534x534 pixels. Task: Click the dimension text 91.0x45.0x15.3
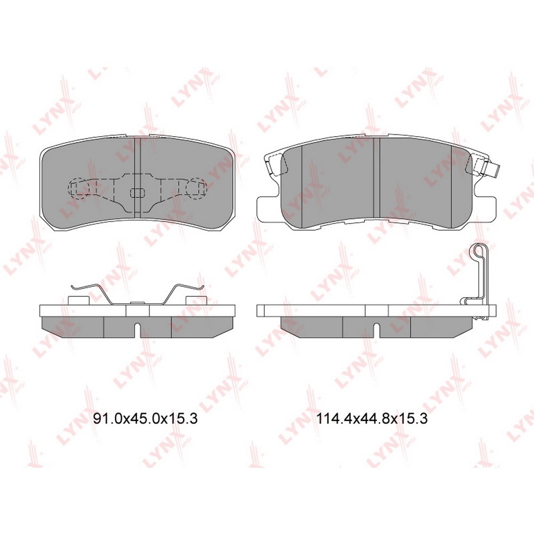click(x=145, y=419)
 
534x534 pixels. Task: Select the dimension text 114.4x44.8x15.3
click(x=372, y=419)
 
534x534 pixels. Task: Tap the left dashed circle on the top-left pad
click(x=79, y=189)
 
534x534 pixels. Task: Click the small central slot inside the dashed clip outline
click(x=138, y=192)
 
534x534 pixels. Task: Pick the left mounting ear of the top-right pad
click(x=268, y=208)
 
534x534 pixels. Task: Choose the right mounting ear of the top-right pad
click(x=484, y=208)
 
